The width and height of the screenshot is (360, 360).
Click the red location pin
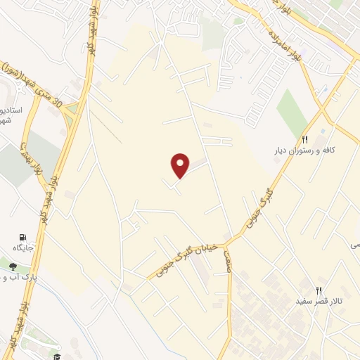(x=181, y=165)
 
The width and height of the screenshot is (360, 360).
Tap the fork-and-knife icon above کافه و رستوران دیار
(x=305, y=140)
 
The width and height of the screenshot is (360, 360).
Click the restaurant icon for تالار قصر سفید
(x=319, y=290)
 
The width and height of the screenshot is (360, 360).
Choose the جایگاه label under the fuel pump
(x=23, y=248)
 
